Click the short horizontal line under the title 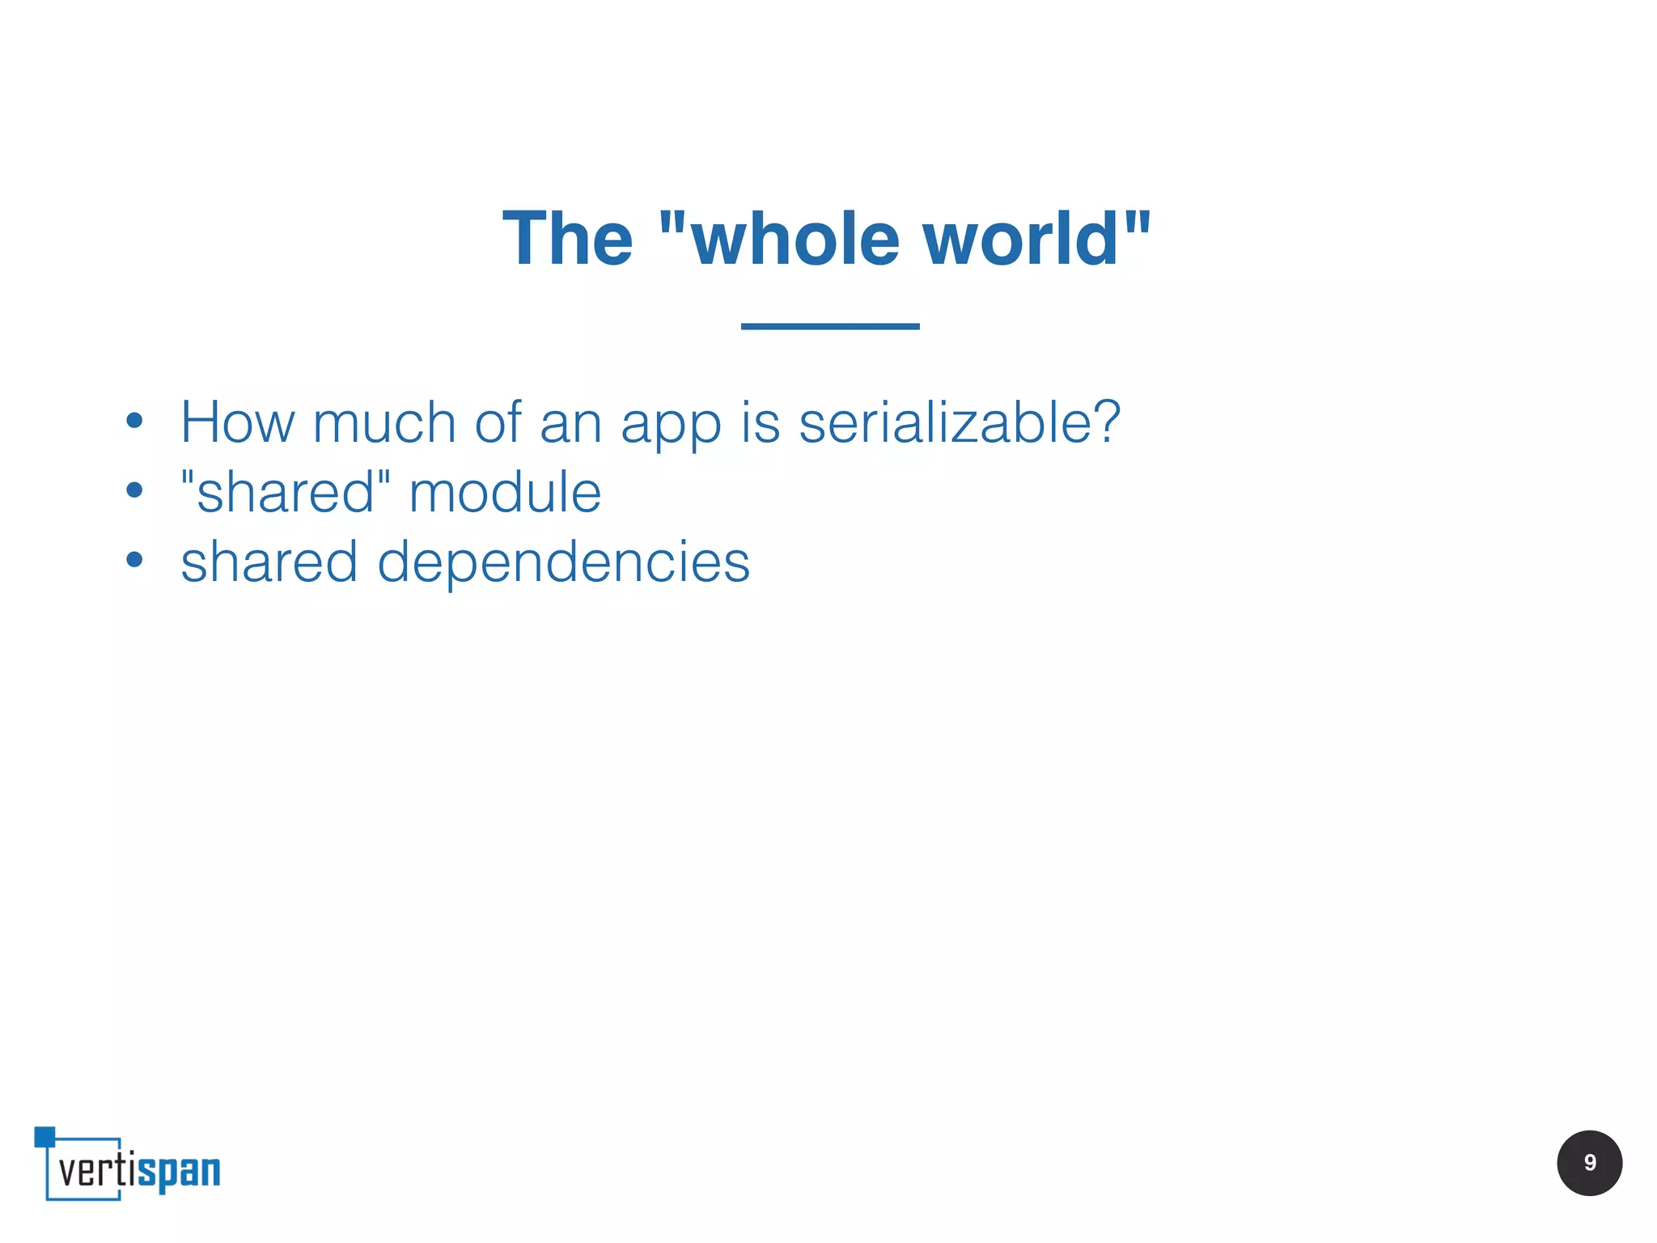click(830, 326)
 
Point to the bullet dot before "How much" click(134, 421)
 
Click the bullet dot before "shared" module click(134, 490)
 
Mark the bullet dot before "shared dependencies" click(134, 559)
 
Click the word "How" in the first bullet click(238, 422)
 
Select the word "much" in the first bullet click(384, 422)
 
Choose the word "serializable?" click(960, 422)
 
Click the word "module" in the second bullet click(505, 492)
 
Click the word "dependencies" click(563, 562)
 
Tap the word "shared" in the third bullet click(269, 562)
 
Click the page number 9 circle click(1589, 1163)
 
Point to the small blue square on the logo click(44, 1136)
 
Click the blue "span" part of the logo click(179, 1172)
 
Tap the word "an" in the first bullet click(570, 423)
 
